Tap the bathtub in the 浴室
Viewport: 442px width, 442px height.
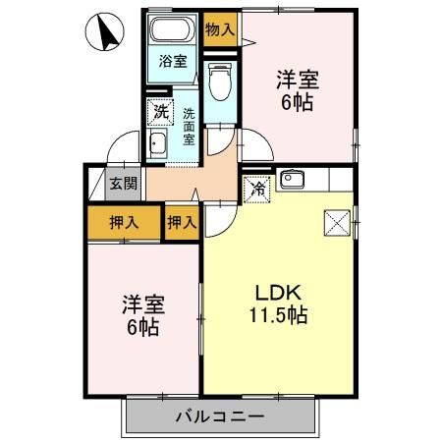tap(173, 29)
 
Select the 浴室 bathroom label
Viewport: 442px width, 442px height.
tap(173, 61)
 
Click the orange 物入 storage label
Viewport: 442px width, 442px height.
tap(220, 29)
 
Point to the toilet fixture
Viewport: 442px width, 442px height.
tap(220, 79)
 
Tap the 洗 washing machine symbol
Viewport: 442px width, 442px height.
tap(159, 112)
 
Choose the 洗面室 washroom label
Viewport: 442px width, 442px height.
tap(189, 127)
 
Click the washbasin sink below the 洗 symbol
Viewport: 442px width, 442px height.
tap(158, 146)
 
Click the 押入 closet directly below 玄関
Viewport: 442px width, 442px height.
tap(123, 222)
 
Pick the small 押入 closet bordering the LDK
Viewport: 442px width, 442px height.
tap(182, 222)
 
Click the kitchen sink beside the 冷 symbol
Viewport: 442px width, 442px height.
tap(293, 180)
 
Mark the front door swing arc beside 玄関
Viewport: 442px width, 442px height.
tap(121, 148)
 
